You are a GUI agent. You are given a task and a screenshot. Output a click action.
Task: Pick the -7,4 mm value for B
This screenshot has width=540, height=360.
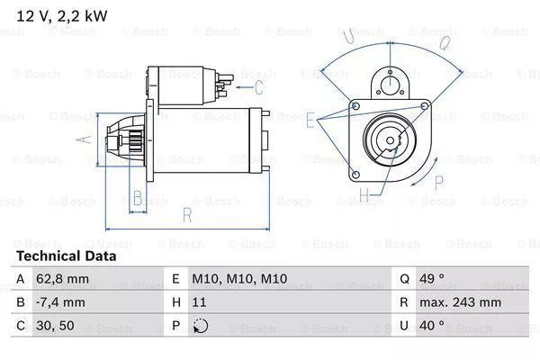61,302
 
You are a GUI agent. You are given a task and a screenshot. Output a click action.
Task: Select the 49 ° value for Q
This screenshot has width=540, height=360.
435,280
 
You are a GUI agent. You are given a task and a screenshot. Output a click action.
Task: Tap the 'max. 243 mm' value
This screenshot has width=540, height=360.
462,302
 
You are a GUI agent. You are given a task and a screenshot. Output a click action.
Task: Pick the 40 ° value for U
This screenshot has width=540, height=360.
435,325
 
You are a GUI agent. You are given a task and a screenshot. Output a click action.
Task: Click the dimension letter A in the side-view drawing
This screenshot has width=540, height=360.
86,139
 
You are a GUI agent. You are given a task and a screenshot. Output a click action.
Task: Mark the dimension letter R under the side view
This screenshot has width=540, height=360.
186,214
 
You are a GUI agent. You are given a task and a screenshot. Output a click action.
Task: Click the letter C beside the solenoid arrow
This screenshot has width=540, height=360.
259,86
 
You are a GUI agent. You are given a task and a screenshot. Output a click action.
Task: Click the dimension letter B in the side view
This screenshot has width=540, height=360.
138,198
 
